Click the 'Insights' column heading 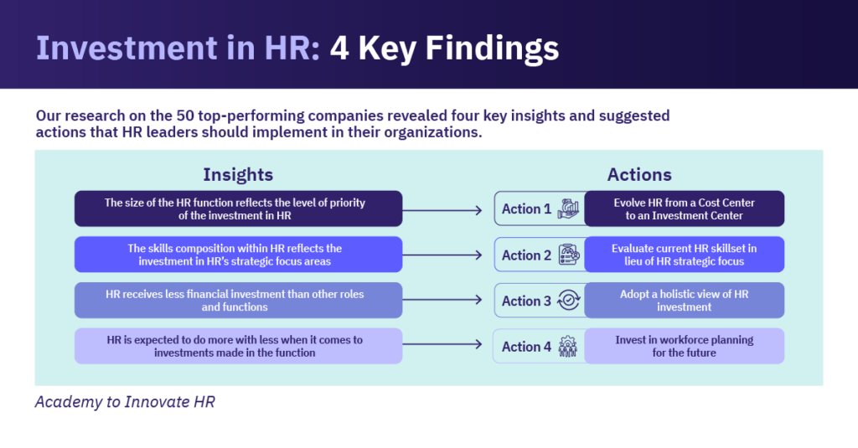point(238,174)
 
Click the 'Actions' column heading point(639,174)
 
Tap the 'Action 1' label point(526,209)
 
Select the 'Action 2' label point(526,255)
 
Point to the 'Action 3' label point(526,301)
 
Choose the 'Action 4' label point(526,347)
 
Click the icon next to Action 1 point(568,209)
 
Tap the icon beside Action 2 point(568,255)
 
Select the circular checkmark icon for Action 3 point(568,301)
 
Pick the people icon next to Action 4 point(568,347)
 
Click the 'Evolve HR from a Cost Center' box point(684,209)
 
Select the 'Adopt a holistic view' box point(684,301)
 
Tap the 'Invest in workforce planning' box point(684,346)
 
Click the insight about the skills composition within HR point(238,255)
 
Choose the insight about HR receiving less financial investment point(238,301)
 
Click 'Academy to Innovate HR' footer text point(125,402)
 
